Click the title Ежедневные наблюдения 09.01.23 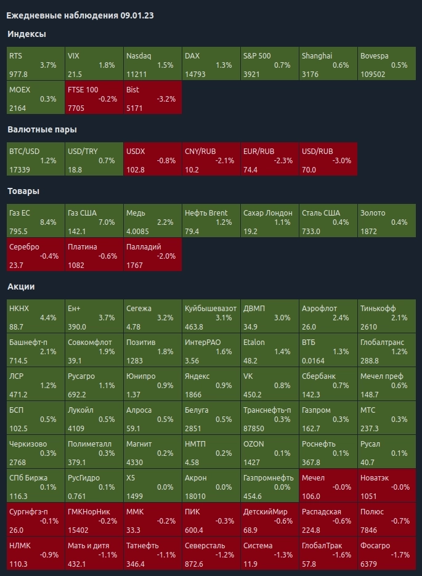click(79, 15)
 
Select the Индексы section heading click(26, 34)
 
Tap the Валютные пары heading click(42, 129)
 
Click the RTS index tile click(35, 64)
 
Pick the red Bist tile click(152, 98)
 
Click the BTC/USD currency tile click(35, 160)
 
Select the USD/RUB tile click(328, 160)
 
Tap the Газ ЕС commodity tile click(35, 222)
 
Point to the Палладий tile click(152, 256)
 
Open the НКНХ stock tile click(35, 317)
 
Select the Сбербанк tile click(328, 384)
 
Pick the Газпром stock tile click(328, 418)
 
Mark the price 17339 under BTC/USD click(20, 169)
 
